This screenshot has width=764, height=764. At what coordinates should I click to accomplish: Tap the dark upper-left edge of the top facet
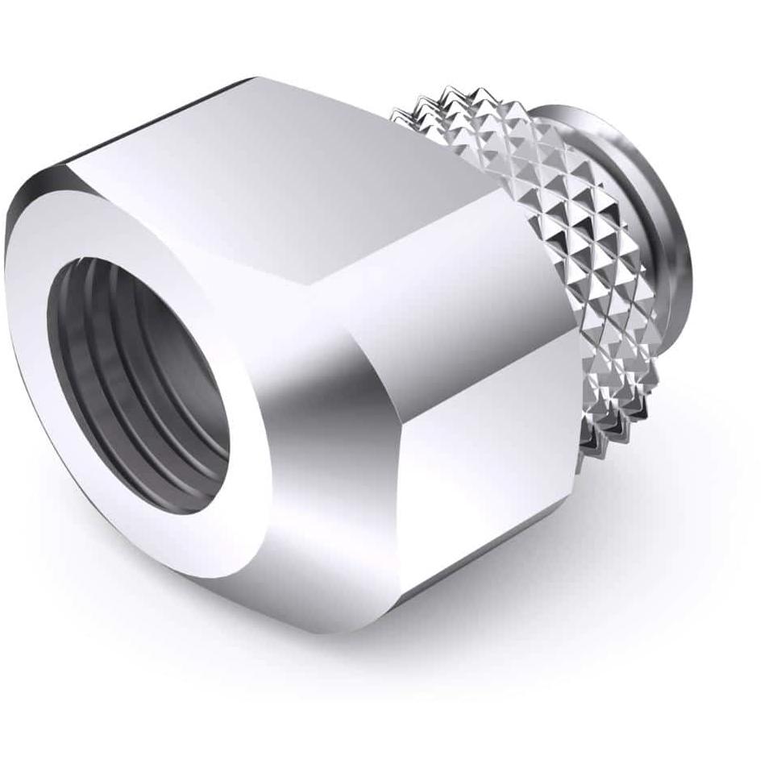(161, 113)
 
